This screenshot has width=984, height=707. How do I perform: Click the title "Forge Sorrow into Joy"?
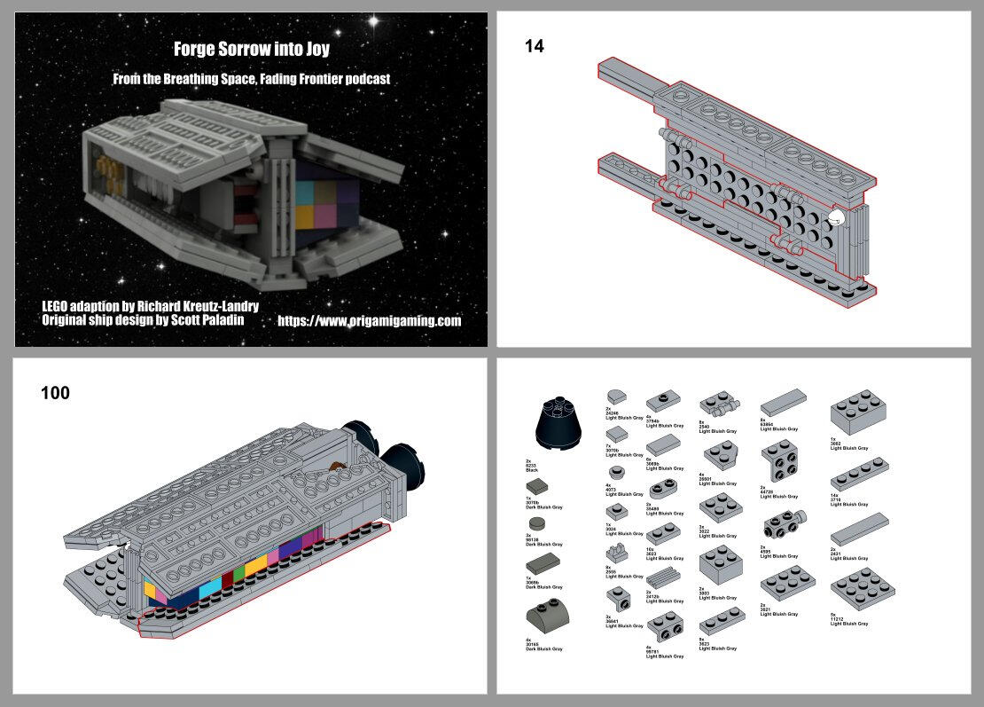point(251,50)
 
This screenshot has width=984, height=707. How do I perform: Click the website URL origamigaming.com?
point(370,321)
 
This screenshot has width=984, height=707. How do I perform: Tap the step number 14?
point(535,47)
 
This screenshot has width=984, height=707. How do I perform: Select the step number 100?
point(55,392)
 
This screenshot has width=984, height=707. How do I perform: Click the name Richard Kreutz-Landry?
point(191,306)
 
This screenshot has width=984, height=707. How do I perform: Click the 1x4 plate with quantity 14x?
point(859,474)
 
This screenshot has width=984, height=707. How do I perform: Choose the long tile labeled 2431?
point(859,529)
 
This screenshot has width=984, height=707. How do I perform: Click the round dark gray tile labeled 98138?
point(535,523)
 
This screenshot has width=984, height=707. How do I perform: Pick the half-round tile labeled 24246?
point(617,396)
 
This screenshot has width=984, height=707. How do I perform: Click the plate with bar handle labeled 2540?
point(720,405)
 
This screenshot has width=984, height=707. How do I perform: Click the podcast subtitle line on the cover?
point(251,79)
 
